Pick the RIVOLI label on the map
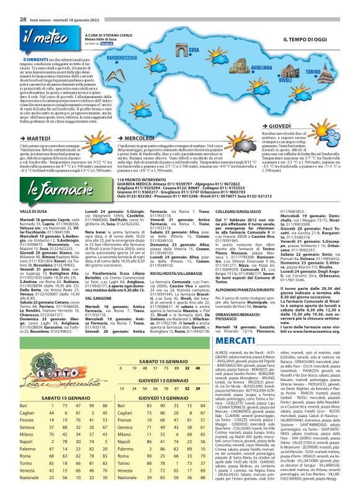[x=286, y=81]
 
